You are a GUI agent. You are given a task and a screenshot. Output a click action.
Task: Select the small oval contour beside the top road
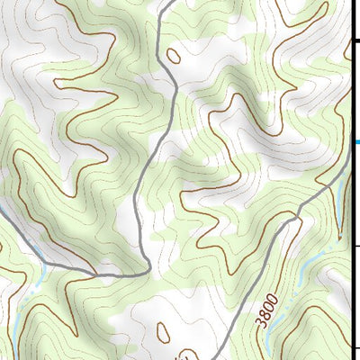coord(174,56)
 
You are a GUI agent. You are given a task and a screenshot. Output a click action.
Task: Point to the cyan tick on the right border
coord(356,141)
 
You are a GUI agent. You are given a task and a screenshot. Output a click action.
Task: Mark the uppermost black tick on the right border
coord(356,40)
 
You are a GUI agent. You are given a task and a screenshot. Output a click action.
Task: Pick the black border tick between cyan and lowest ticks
coord(356,243)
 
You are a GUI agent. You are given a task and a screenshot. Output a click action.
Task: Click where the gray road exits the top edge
coord(168,2)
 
